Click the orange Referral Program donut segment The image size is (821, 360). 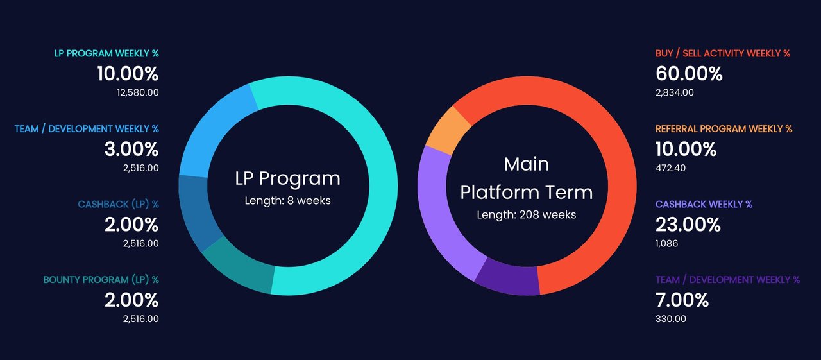tap(448, 131)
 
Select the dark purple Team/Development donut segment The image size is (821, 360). tap(507, 280)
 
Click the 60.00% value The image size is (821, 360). tap(689, 74)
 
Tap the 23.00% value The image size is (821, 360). tap(688, 225)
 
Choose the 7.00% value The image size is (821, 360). tap(682, 300)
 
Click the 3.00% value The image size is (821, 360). tap(131, 150)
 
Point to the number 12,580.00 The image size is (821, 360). tap(138, 92)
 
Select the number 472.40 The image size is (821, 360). tap(670, 168)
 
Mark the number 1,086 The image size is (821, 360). tap(666, 243)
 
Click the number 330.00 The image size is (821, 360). tap(671, 319)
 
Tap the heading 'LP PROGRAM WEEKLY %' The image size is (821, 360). tap(106, 53)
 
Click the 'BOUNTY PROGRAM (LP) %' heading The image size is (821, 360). tap(101, 280)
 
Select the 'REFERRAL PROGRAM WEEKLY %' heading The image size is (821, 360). tap(724, 129)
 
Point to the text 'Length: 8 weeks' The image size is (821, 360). tap(288, 200)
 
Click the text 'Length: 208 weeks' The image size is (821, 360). tap(527, 214)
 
